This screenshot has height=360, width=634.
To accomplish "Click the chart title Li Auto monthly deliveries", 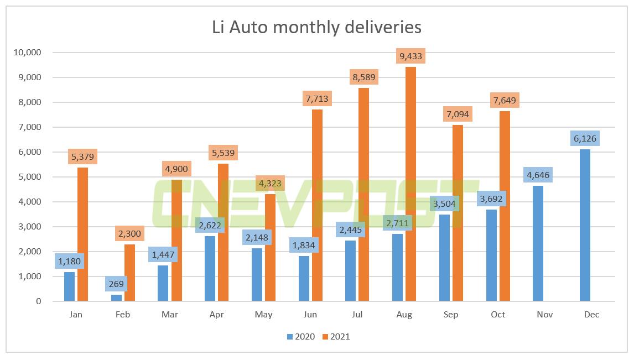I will pyautogui.click(x=316, y=27).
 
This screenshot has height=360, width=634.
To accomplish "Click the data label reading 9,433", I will pyautogui.click(x=410, y=56).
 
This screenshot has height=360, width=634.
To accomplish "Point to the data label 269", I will pyautogui.click(x=116, y=284).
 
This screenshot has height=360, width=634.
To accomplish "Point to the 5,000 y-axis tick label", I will pyautogui.click(x=28, y=177).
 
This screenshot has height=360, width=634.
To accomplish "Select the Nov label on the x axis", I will pyautogui.click(x=544, y=315).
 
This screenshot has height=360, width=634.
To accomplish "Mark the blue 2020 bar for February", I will pyautogui.click(x=116, y=298).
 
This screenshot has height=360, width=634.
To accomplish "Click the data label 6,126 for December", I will pyautogui.click(x=584, y=138).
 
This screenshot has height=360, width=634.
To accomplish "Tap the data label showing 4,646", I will pyautogui.click(x=538, y=175).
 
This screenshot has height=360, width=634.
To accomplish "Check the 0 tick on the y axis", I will pyautogui.click(x=38, y=301).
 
